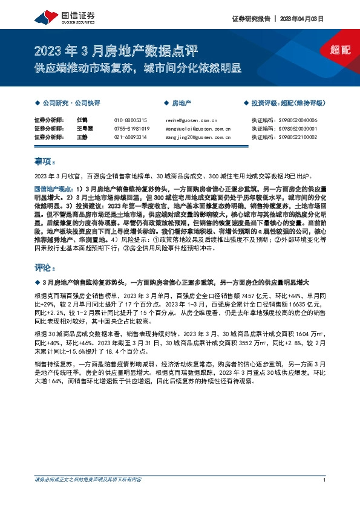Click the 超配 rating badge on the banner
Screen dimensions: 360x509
tap(341, 50)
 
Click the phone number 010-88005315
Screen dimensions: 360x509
tap(130, 120)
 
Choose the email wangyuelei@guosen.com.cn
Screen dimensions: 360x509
tap(197, 129)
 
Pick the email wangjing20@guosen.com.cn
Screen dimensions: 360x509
tap(197, 137)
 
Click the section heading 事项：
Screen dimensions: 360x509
tap(45, 162)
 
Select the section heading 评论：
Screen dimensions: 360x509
tap(45, 267)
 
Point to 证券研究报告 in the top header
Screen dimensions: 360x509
tap(250, 19)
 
